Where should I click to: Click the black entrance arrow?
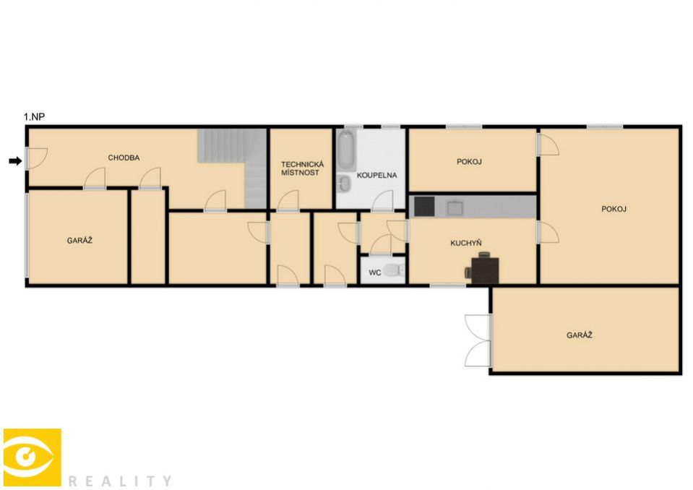15,161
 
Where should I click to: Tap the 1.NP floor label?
34,117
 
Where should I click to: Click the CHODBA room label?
124,158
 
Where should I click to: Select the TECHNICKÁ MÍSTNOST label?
302,168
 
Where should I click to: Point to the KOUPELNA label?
376,175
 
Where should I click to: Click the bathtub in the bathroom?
347,150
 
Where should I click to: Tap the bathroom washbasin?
344,184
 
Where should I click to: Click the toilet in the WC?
393,270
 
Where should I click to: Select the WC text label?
375,272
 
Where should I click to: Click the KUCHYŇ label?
466,243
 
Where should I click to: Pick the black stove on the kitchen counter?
424,207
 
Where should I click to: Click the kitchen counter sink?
455,207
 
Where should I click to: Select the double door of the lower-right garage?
478,340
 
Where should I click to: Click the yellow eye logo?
33,457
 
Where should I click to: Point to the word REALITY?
120,481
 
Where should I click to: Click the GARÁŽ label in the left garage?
79,241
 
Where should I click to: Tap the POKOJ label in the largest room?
614,209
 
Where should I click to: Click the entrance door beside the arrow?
36,158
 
